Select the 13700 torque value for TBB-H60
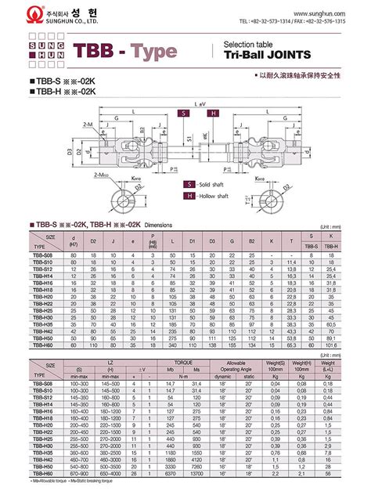(196, 474)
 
